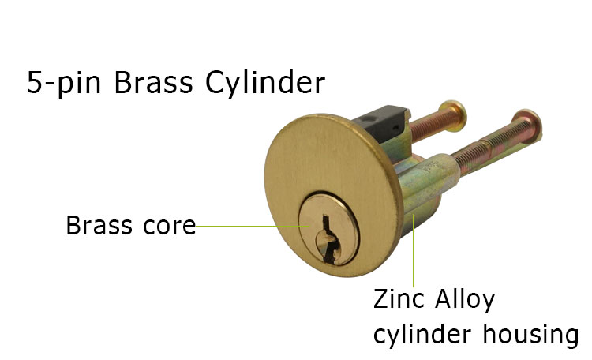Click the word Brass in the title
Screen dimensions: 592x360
click(153, 82)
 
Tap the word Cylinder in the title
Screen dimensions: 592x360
click(265, 83)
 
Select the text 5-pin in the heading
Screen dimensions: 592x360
click(64, 84)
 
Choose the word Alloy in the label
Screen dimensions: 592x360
click(464, 300)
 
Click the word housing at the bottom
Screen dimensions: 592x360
click(530, 335)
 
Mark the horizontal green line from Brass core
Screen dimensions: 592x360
click(253, 227)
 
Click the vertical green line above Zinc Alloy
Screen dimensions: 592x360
click(414, 250)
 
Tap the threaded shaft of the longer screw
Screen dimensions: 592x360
click(487, 147)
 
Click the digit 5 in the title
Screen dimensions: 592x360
click(34, 82)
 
